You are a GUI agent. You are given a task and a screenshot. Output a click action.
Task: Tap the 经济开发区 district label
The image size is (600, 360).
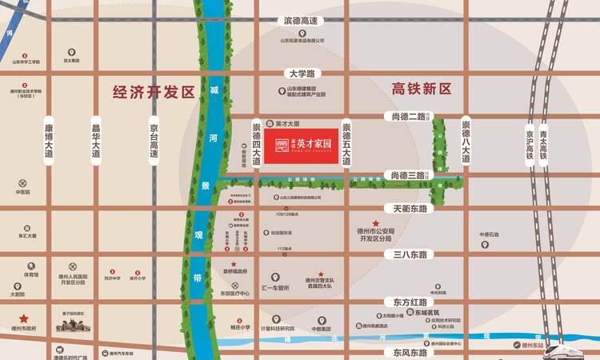[x=154, y=91]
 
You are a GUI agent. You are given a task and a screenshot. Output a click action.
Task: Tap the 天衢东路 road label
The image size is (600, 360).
[x=407, y=208]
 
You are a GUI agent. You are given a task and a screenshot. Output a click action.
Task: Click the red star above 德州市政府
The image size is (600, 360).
[x=24, y=318]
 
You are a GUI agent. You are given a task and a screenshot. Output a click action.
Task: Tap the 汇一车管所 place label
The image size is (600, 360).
[x=275, y=287]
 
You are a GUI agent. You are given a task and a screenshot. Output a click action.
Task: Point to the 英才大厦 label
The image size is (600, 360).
[x=286, y=124]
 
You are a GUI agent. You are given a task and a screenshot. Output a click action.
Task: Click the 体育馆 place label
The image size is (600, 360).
[x=30, y=274]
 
